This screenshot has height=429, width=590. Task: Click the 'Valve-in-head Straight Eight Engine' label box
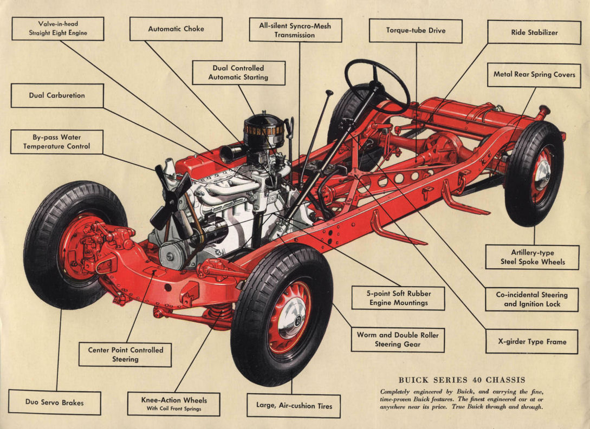[58, 29]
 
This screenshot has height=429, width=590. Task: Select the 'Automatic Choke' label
[176, 29]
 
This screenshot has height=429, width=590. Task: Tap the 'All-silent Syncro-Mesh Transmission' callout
[295, 30]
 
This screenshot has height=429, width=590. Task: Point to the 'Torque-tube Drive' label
[416, 31]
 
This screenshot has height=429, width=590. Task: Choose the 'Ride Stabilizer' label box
[534, 32]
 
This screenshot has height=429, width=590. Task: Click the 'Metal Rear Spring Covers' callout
[534, 75]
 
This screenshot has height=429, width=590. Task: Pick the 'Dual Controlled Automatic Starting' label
[238, 73]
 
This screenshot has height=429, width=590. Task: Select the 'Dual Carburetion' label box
[57, 95]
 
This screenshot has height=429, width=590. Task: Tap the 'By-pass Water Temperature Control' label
[57, 142]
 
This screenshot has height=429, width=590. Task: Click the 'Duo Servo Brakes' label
[55, 402]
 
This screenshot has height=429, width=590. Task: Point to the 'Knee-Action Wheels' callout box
[173, 404]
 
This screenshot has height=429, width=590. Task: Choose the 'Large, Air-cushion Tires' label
[294, 405]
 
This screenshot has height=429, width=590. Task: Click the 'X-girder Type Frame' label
[531, 342]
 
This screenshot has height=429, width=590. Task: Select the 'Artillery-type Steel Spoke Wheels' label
[530, 257]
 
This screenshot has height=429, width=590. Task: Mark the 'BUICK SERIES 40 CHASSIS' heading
[462, 380]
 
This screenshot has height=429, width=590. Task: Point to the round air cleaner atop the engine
[263, 130]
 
